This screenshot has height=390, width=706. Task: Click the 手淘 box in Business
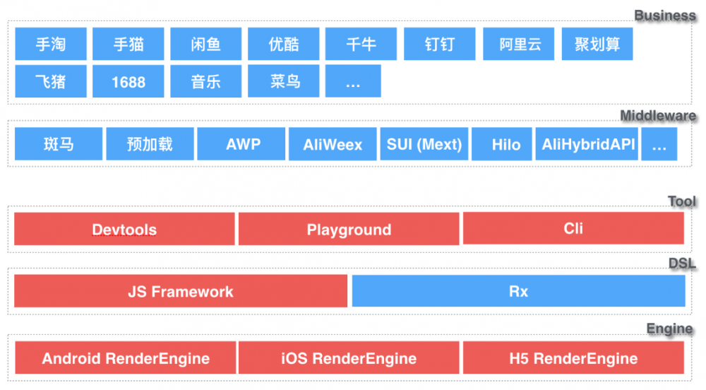coord(51,45)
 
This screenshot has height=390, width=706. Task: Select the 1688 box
coord(128,81)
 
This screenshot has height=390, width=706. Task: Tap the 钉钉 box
coord(439,45)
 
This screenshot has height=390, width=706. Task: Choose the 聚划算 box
coord(597,45)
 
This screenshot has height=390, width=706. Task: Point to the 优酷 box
coord(284,45)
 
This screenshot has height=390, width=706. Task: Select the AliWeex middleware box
coord(333,145)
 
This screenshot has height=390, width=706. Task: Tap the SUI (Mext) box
coord(424,145)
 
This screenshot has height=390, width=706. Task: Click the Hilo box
coord(506,145)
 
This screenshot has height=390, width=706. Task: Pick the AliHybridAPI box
coord(588,145)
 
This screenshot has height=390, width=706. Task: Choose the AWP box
coord(243,144)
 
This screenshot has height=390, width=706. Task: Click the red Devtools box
coord(124,229)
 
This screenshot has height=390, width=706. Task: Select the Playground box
coord(349,229)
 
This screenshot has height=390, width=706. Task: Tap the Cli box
coord(573,228)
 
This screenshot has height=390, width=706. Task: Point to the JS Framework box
coord(181,291)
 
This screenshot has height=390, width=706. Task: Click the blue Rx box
coord(518,291)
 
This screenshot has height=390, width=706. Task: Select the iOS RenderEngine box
coord(349,358)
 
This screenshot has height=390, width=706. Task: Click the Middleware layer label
coord(658,116)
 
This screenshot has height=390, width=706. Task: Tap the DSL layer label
coord(682,264)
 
